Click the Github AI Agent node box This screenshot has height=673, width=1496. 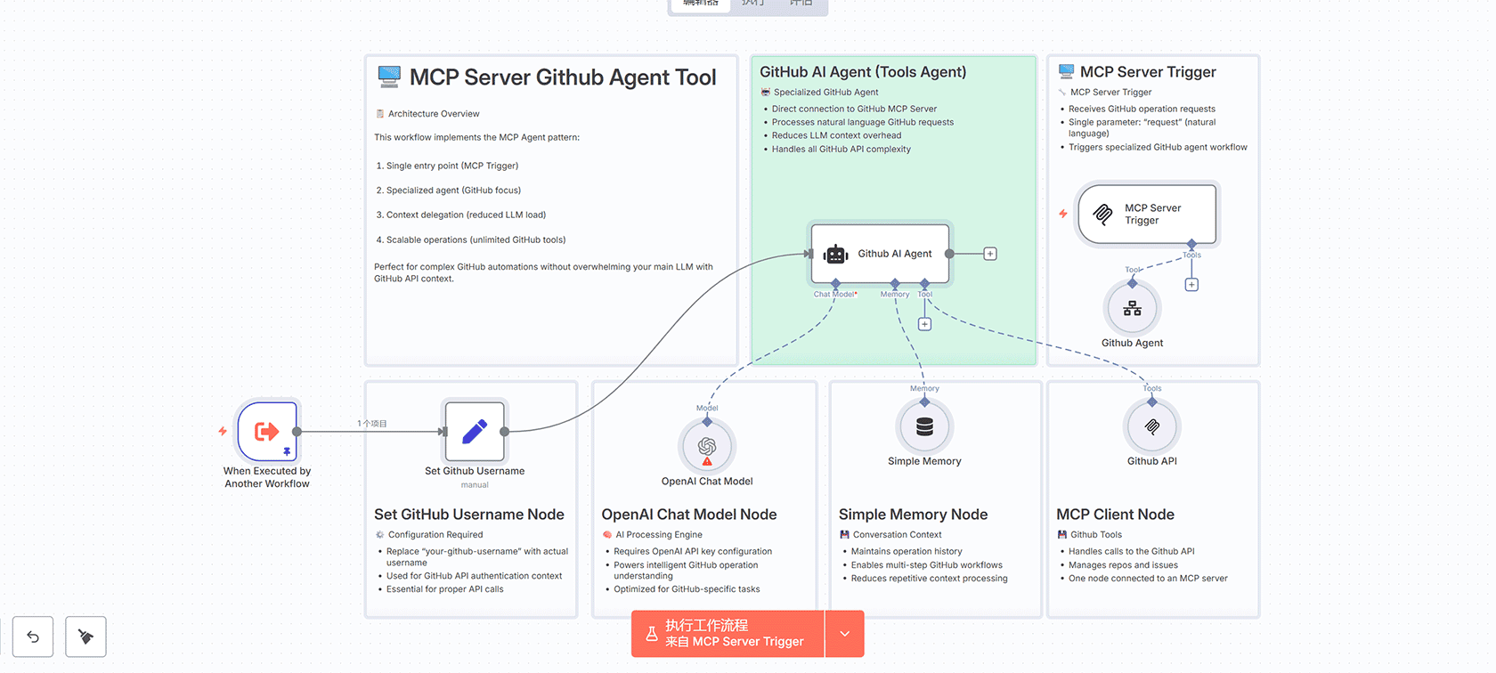(880, 254)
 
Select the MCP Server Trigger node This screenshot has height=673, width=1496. (1148, 215)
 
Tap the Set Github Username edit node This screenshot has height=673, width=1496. (475, 432)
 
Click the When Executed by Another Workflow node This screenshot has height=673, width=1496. (267, 432)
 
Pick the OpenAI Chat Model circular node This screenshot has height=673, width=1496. (707, 446)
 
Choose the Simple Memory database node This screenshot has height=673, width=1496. (924, 427)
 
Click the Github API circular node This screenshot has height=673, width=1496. (1151, 427)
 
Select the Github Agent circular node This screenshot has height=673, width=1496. (1132, 308)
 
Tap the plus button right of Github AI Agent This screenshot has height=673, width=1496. (990, 254)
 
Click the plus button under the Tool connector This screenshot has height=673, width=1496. (924, 324)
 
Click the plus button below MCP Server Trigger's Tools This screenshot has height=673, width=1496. (1191, 285)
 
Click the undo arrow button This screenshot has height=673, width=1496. (33, 637)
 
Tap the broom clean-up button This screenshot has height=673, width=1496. (85, 637)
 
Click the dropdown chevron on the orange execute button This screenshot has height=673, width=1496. (844, 634)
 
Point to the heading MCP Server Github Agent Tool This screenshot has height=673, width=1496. (563, 77)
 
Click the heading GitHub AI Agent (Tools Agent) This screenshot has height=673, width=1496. (863, 72)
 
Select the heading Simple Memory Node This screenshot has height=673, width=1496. (913, 515)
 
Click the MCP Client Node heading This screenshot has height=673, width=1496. (1115, 515)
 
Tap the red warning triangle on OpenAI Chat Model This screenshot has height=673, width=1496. (707, 462)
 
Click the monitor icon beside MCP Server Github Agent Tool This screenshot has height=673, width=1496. (389, 77)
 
